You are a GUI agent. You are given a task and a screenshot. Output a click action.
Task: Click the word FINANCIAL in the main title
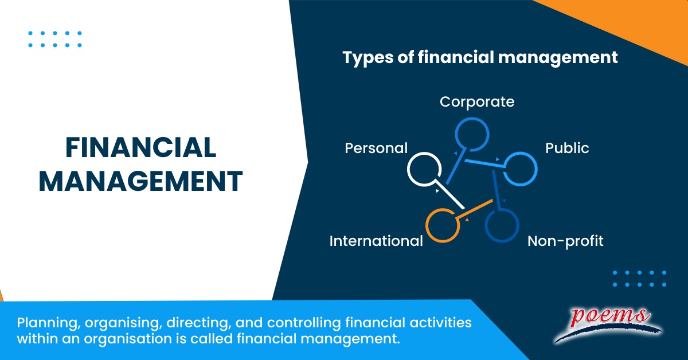(x=140, y=148)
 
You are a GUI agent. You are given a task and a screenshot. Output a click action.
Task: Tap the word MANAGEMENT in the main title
(x=140, y=181)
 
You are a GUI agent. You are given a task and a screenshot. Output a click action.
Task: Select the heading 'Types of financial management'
(x=480, y=58)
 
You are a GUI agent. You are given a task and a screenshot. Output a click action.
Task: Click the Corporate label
(x=477, y=102)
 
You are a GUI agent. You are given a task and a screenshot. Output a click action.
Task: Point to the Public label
(x=567, y=148)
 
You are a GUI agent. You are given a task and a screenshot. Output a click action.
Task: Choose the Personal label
(x=376, y=148)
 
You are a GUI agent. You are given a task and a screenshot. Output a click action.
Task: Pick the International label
(x=376, y=241)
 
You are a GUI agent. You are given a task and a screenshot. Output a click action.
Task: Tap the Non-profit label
(x=565, y=241)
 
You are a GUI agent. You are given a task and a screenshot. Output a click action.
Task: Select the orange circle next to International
(x=442, y=225)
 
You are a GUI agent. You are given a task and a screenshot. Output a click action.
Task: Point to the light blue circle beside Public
(x=520, y=169)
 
